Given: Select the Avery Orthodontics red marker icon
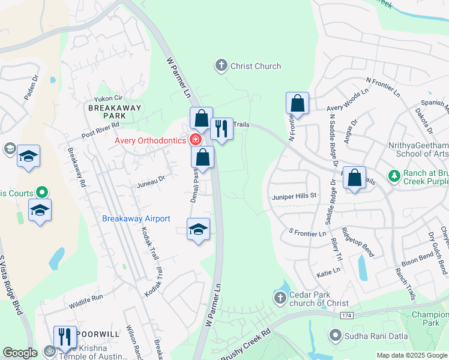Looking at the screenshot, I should [x=195, y=140].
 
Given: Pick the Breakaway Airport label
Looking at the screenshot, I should [x=136, y=219].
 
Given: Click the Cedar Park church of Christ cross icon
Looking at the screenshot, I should [x=280, y=298].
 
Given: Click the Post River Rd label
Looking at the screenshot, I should [x=101, y=129].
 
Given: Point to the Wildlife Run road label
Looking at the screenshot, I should [x=85, y=297].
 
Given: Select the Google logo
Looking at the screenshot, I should [x=20, y=353].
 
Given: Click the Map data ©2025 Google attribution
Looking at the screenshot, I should [x=412, y=355].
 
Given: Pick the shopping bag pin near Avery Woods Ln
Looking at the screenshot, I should [x=297, y=104].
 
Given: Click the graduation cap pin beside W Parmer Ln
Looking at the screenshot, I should [x=198, y=229].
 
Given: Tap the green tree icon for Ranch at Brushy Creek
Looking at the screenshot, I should [x=394, y=176].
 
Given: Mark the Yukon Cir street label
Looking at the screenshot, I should [x=109, y=99].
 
